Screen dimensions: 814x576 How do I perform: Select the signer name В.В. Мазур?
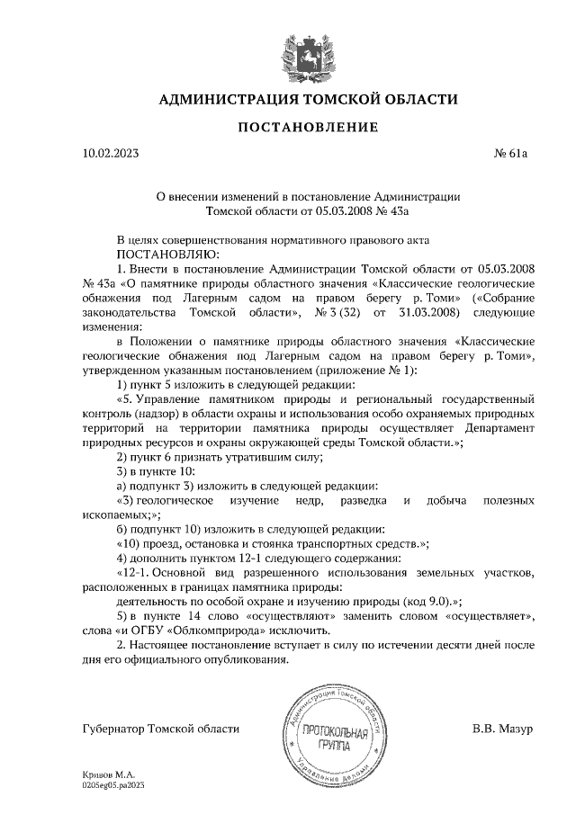click(502, 728)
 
